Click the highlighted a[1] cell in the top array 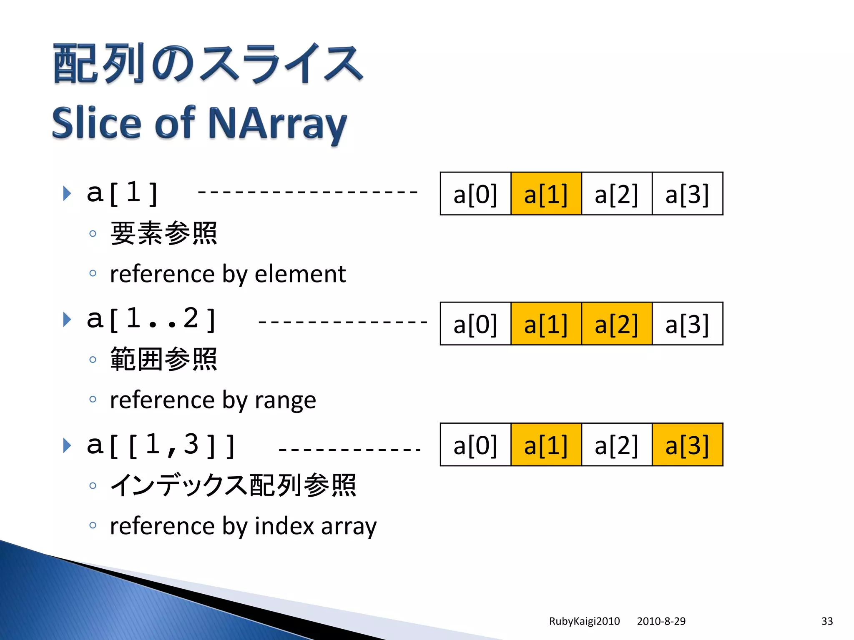point(546,194)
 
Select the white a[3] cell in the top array point(687,194)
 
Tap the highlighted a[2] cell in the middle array point(616,324)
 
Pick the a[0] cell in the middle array point(475,324)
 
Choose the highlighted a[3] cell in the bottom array point(687,445)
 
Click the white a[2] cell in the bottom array point(616,445)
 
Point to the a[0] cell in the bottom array point(475,445)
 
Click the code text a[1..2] point(151,319)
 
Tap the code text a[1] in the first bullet point(122,193)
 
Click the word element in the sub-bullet point(300,274)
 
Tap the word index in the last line point(284,526)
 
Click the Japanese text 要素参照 point(163,233)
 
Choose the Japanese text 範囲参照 point(163,359)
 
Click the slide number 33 point(827,621)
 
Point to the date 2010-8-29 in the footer point(661,621)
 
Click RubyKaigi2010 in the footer point(584,621)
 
